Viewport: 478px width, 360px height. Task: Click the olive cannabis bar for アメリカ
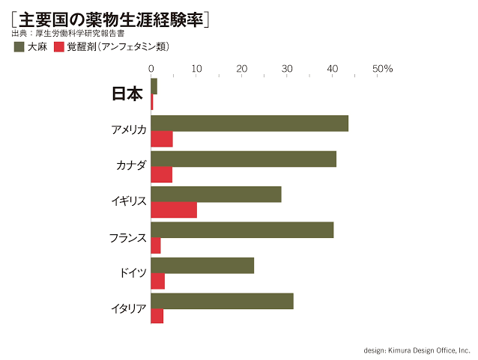(x=249, y=123)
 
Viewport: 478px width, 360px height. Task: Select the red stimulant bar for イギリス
(x=174, y=210)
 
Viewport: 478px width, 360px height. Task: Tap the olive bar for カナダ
(x=243, y=159)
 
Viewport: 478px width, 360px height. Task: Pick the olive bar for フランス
(x=242, y=230)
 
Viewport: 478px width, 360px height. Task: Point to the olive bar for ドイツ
(x=202, y=265)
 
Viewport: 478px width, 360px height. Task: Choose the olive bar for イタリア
(x=222, y=301)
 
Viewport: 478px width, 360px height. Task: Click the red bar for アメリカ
(x=162, y=139)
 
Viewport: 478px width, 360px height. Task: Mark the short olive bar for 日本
(x=154, y=86)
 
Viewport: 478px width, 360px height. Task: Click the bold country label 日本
(x=127, y=94)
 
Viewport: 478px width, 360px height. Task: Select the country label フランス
(x=127, y=237)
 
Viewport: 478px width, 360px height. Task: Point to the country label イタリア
(x=128, y=308)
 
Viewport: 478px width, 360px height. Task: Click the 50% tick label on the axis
(x=382, y=69)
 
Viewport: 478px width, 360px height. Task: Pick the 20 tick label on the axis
(x=242, y=69)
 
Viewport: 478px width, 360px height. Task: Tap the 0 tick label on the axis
(x=151, y=69)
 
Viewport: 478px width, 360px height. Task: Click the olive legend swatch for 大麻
(x=19, y=46)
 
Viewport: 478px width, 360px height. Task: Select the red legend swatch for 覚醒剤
(x=59, y=46)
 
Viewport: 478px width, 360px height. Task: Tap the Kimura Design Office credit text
(x=417, y=350)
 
